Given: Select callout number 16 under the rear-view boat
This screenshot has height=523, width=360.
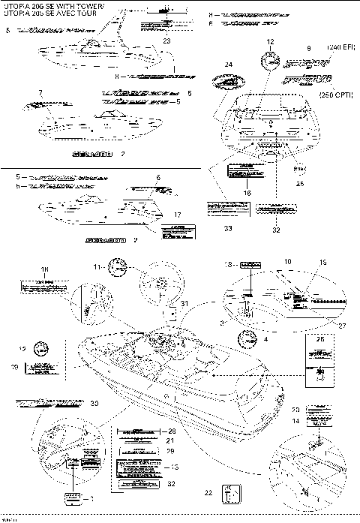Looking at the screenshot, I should pos(247,193).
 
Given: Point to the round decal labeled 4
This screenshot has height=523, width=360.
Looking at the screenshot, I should pos(246,338).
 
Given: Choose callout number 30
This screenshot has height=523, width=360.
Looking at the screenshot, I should pos(94,404).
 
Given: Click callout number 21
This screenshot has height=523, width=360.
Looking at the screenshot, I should pos(171,441).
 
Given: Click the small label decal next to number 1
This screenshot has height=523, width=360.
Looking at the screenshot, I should pos(73,497).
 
